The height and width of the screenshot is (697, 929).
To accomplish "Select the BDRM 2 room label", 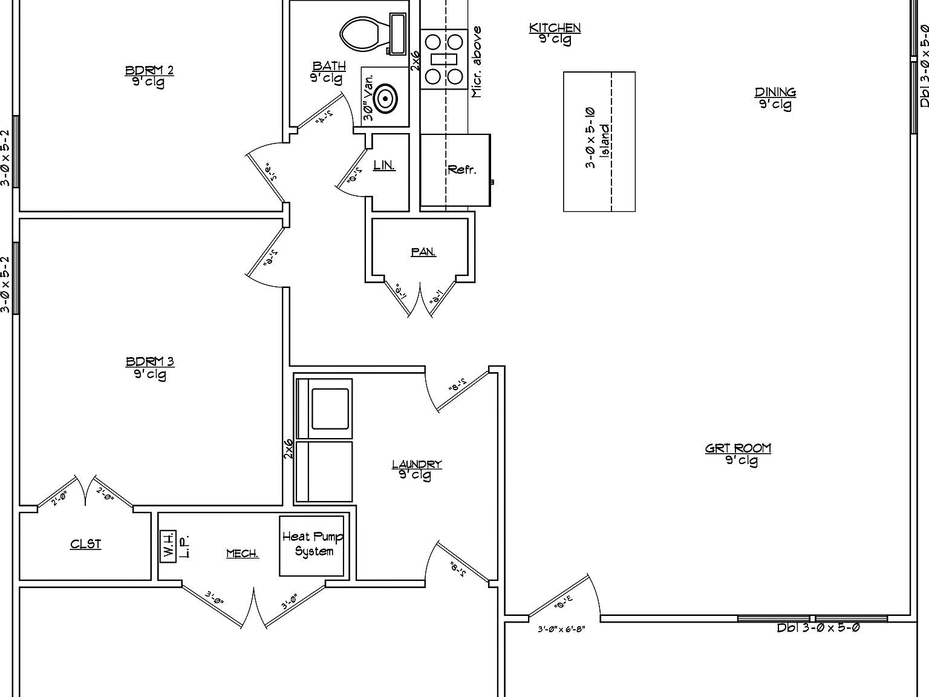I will click(149, 71).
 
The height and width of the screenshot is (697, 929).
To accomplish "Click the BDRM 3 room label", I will click(150, 362).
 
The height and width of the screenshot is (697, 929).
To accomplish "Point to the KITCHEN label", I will click(555, 28).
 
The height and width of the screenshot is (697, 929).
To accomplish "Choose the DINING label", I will click(775, 93).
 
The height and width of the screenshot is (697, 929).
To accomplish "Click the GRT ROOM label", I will click(738, 448).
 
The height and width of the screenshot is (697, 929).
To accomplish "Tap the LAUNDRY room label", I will click(417, 465).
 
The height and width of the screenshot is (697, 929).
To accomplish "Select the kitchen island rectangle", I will click(599, 142).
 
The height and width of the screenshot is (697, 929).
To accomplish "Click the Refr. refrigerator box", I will click(455, 170).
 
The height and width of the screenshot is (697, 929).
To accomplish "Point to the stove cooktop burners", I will click(444, 59).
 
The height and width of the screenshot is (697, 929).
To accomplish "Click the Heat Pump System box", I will click(312, 545).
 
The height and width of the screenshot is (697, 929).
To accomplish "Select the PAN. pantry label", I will click(423, 252).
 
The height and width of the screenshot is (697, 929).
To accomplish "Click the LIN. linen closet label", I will click(384, 165).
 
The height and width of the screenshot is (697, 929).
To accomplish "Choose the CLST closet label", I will click(86, 545).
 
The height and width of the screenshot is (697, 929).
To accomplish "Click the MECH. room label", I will click(243, 554).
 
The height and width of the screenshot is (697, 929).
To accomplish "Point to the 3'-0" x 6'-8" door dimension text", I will click(561, 629).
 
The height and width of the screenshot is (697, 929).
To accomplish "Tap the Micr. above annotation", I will click(477, 62).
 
